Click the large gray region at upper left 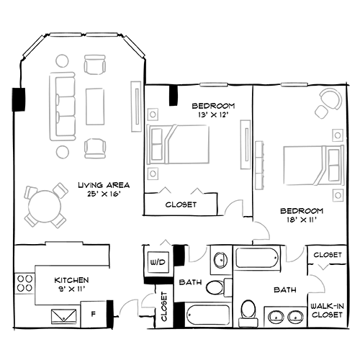[x=76, y=104]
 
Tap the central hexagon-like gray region [x=184, y=148]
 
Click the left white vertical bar [x=135, y=108]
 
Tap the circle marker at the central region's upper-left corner [x=152, y=114]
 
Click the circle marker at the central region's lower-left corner [x=152, y=174]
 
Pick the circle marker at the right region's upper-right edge [x=337, y=135]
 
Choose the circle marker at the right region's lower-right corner [x=337, y=194]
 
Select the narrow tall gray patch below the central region [x=196, y=252]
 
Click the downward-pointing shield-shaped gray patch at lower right [x=294, y=254]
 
